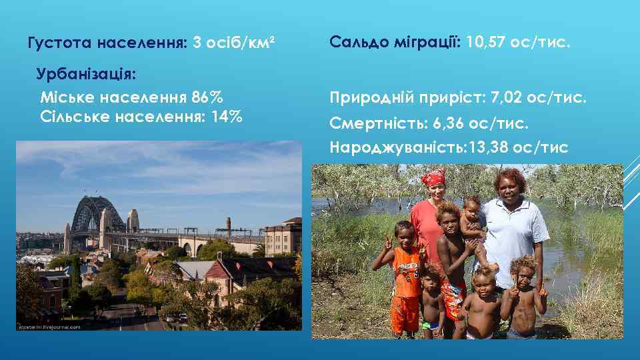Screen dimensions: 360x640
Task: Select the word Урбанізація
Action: tap(87, 73)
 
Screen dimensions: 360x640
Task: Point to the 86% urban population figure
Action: tap(207, 97)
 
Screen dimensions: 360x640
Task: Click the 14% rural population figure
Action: tap(227, 117)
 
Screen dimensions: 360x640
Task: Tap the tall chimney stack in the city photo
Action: tap(228, 227)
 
